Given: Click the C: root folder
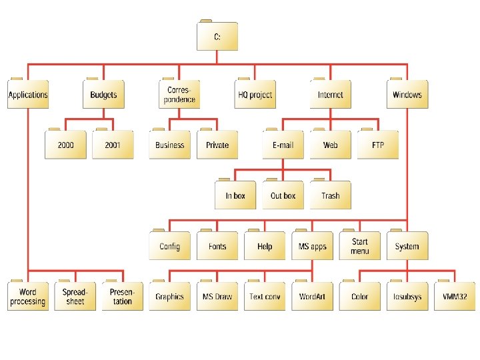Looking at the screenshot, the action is [217, 37].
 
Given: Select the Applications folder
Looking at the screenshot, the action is [28, 95].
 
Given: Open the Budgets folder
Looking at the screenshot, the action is [104, 95].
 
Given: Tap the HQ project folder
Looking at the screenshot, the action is [255, 95].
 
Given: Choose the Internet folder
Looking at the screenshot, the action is [331, 95].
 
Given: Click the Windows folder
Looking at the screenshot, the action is [407, 95].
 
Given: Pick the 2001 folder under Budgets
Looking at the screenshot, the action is [113, 145].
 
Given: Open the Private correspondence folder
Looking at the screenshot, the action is [217, 145].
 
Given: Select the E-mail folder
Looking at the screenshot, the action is [283, 145].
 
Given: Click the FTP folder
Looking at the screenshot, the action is [377, 145].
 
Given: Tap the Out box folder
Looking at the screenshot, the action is [283, 195].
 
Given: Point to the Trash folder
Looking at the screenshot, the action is [331, 195].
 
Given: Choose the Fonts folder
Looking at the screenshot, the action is [217, 246].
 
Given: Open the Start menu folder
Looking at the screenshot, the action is [359, 246].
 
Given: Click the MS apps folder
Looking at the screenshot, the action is [312, 246].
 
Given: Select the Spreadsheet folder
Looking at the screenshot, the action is [75, 297].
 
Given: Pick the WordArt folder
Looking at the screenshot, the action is [312, 297].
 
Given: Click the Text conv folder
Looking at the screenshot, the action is [265, 297].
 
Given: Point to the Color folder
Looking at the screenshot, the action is [359, 297].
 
